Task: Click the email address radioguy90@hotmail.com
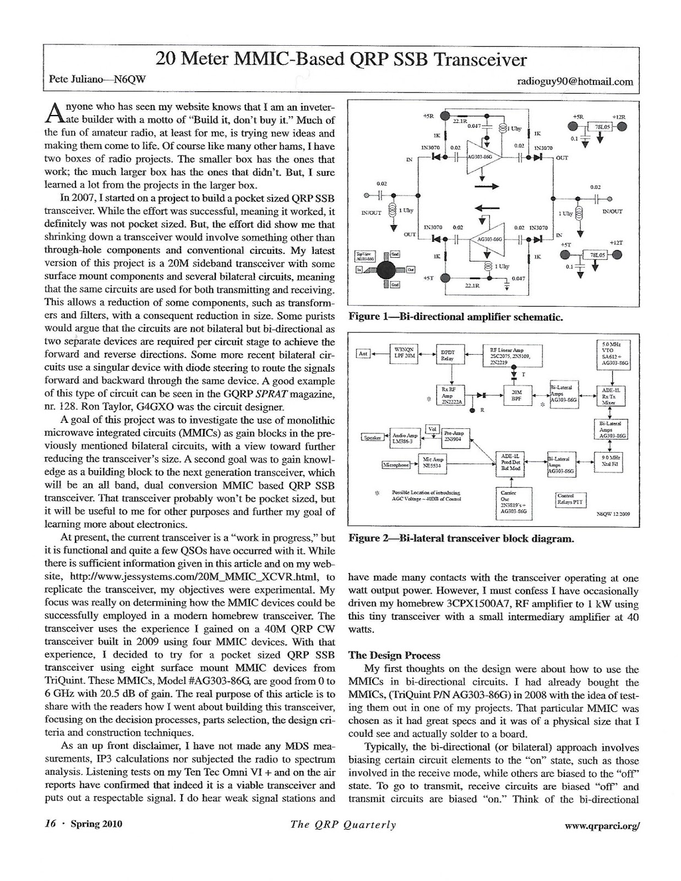coord(575,82)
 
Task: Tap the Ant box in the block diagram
coord(363,354)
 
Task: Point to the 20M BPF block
coord(516,395)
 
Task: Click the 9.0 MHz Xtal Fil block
coord(612,461)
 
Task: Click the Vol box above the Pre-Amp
coord(432,429)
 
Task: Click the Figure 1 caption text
coord(455,318)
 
